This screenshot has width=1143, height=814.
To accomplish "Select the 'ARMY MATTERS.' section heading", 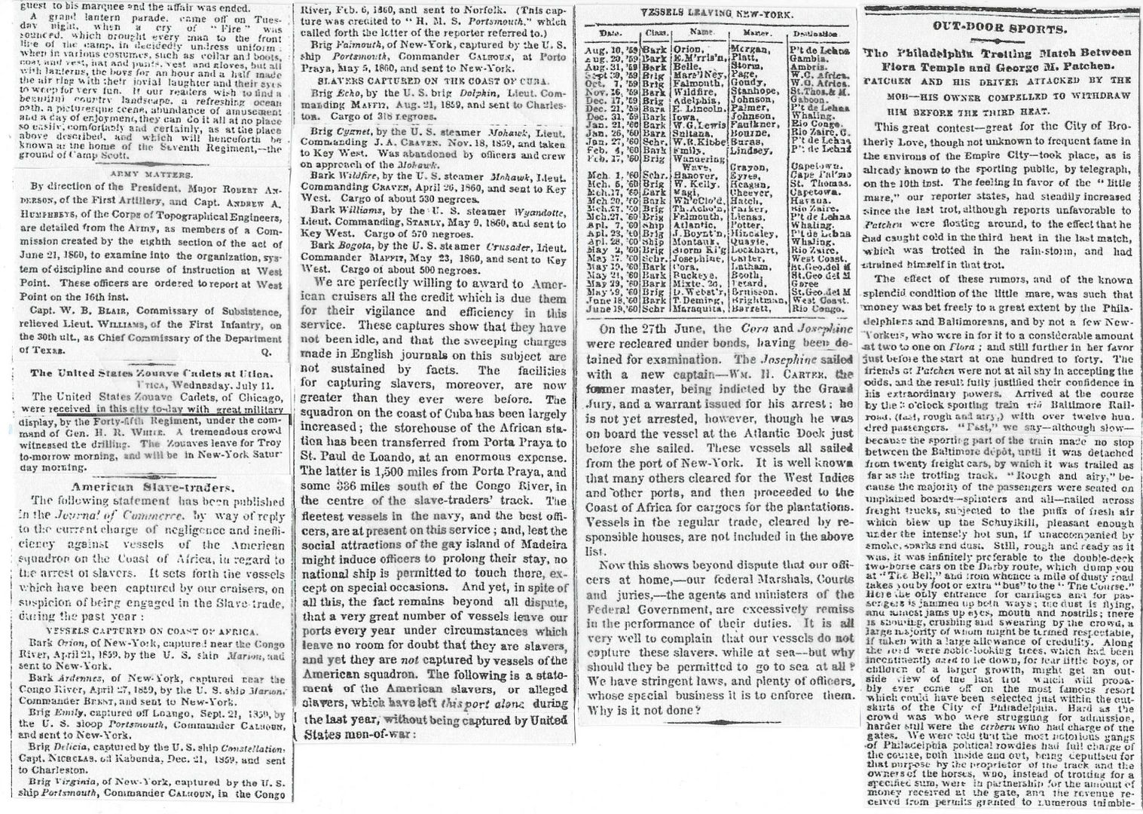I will click(148, 172).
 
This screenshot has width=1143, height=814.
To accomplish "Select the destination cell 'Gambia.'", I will click(808, 59).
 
